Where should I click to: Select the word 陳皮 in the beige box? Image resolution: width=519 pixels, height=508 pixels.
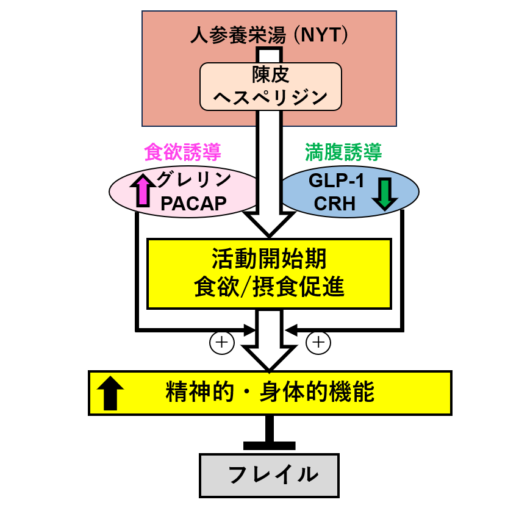(270, 75)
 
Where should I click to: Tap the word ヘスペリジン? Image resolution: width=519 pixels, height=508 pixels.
(270, 97)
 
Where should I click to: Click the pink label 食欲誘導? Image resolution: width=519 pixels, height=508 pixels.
(182, 152)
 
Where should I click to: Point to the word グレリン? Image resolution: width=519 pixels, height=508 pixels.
(193, 181)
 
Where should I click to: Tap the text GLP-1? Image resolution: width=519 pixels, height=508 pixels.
(336, 181)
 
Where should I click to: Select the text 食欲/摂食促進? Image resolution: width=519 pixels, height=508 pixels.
(269, 287)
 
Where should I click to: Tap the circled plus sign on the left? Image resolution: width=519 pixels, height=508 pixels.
(221, 343)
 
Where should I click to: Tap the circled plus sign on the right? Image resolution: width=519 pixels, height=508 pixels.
(318, 343)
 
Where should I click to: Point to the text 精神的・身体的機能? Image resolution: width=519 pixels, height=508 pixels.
(269, 393)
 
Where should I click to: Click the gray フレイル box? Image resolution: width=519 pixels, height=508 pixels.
(269, 474)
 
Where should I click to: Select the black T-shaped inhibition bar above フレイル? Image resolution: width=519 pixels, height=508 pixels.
(269, 444)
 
